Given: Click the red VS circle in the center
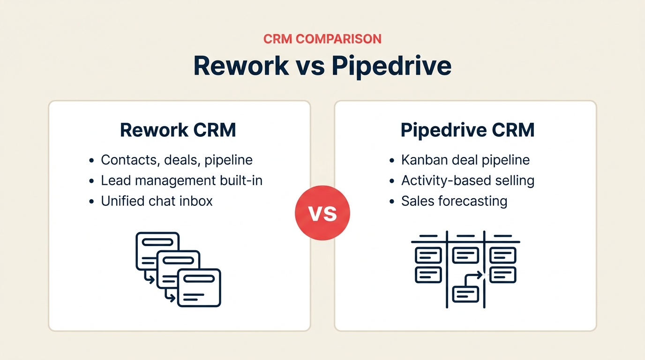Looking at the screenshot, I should tap(322, 213).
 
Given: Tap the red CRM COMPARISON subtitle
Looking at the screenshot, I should tap(322, 38).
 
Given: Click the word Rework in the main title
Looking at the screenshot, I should tap(241, 66).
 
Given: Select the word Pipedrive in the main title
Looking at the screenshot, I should tap(391, 66).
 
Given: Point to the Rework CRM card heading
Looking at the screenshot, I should tap(178, 130).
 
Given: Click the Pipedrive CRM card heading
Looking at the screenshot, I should tap(467, 130).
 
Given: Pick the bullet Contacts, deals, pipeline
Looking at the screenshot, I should tap(177, 160).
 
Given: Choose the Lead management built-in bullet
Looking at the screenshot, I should tap(181, 180).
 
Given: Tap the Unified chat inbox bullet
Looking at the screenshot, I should tap(157, 201).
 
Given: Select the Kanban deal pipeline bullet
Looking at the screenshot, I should tap(465, 160).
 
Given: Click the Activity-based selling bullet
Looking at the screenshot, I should tap(467, 180).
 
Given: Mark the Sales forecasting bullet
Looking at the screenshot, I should tap(454, 201).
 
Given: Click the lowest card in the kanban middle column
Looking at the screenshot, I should tap(465, 294).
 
